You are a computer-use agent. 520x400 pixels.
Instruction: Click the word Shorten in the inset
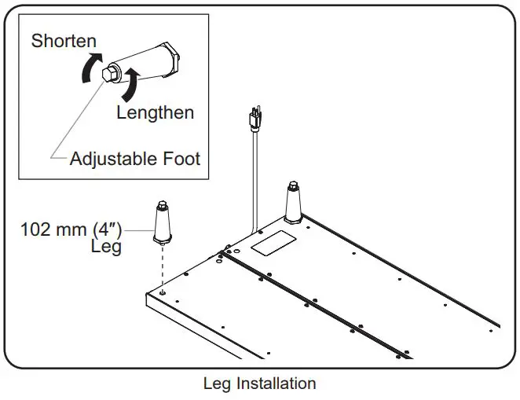click(x=64, y=40)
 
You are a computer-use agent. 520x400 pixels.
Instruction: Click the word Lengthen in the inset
click(x=155, y=112)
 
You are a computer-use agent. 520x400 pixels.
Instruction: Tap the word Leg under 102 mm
click(x=106, y=248)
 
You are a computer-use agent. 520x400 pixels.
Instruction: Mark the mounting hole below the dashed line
click(x=163, y=293)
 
